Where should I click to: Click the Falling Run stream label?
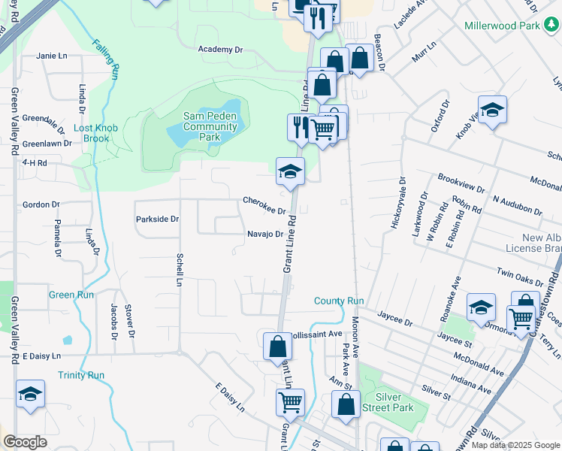click(x=107, y=59)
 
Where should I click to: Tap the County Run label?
click(x=339, y=301)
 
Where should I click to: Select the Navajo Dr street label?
click(x=264, y=234)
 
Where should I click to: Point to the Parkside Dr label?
click(x=157, y=219)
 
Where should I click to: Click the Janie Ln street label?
click(x=52, y=56)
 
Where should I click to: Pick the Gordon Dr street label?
click(x=41, y=204)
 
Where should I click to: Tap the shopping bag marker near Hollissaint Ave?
click(x=277, y=347)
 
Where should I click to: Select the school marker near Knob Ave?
click(x=492, y=110)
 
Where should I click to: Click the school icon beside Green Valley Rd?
click(x=30, y=394)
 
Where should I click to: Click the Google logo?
click(x=25, y=442)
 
